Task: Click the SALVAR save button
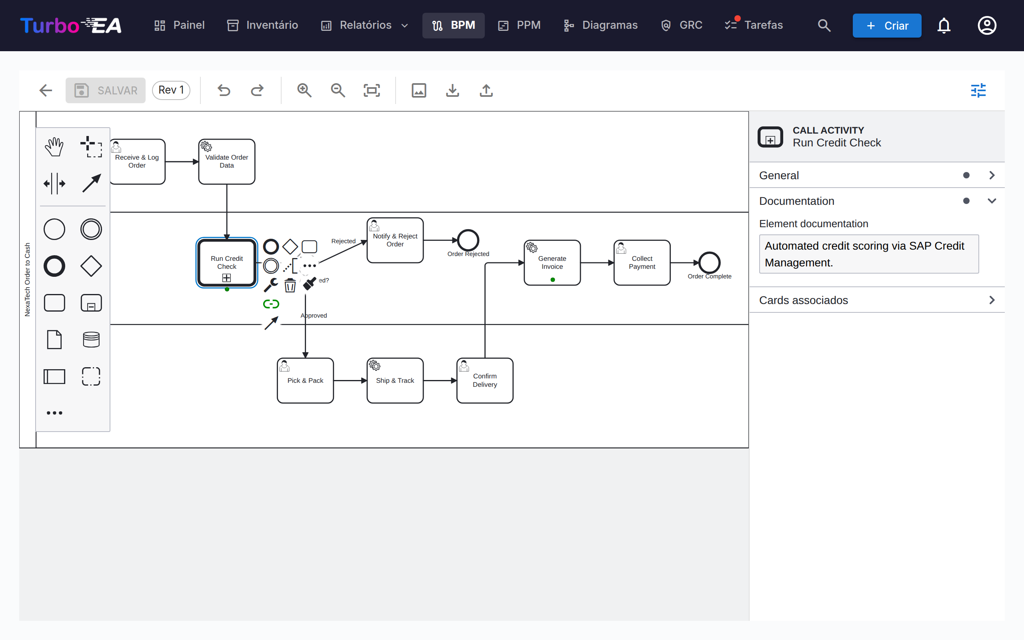[x=105, y=90]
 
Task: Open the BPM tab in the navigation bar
[x=453, y=25]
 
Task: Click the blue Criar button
[x=887, y=25]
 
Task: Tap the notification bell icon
[x=944, y=25]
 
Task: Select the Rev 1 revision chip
[x=171, y=90]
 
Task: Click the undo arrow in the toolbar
[x=224, y=90]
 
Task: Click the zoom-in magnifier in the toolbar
[x=304, y=90]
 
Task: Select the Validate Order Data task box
[x=227, y=162]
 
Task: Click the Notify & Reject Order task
[x=395, y=240]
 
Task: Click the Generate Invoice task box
[x=552, y=262]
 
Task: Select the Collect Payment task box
[x=642, y=262]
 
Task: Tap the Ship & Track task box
[x=395, y=380]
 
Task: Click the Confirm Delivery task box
[x=485, y=380]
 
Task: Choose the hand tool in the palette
[x=54, y=146]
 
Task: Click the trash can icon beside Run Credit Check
[x=290, y=285]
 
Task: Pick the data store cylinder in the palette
[x=91, y=340]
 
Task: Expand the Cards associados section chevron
[x=992, y=300]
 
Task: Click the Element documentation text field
[x=869, y=254]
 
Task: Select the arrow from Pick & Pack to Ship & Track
[x=350, y=380]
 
